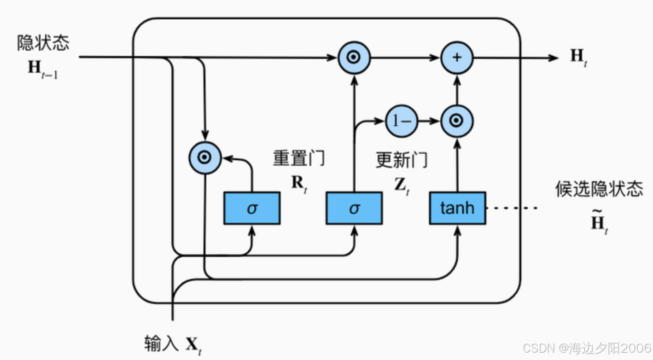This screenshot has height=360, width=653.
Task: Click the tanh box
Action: point(457,208)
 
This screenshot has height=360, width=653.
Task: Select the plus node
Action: point(457,58)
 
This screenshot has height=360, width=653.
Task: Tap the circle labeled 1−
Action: point(401,121)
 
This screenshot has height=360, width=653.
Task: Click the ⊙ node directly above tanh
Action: point(457,121)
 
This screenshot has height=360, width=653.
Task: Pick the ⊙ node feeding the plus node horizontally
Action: point(354,58)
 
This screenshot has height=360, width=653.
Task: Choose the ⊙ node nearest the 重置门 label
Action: point(205,158)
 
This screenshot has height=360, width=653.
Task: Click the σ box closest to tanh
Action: point(354,208)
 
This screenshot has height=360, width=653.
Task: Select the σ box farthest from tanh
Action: point(252,208)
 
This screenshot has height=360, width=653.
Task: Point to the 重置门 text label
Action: point(299,158)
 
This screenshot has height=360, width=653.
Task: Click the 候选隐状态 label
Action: point(599,189)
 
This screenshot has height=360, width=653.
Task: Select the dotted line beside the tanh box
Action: point(512,208)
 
